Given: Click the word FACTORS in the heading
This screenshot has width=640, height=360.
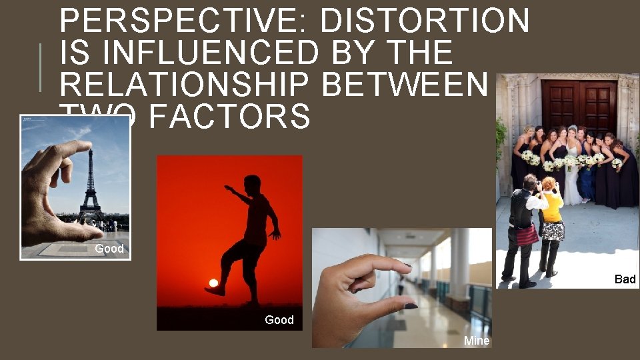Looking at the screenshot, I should (x=230, y=116).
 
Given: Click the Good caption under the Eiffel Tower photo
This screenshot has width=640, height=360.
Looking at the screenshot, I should (x=109, y=249).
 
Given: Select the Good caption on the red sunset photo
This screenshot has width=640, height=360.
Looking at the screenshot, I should (x=279, y=320).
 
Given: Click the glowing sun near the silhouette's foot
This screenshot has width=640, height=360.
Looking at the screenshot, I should (x=213, y=283).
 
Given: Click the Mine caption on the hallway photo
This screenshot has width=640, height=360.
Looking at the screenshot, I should (x=477, y=341).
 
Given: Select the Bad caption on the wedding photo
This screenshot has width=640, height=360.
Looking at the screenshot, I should (x=625, y=279).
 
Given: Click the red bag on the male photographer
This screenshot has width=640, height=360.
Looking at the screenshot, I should (x=527, y=235).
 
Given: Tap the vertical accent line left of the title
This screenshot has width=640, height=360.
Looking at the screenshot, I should (x=41, y=67).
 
